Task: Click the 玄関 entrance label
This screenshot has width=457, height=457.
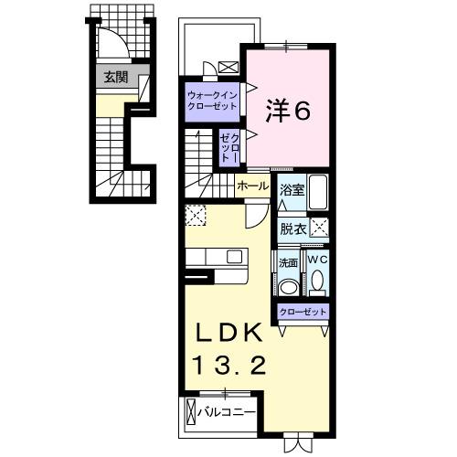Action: pos(115,77)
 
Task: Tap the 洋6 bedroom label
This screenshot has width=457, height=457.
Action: pos(289,111)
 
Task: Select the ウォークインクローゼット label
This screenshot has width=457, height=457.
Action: pos(211,101)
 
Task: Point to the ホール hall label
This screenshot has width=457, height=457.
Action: pos(251,186)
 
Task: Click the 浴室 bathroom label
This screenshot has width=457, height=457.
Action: pos(292,193)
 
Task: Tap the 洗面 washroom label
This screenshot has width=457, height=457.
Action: pos(289,262)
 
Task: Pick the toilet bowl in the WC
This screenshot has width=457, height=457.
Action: pos(316,284)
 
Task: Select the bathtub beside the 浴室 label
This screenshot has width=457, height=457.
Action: pos(318,194)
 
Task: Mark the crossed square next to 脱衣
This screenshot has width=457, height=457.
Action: pos(319,229)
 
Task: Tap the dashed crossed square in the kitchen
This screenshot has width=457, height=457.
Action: pos(195,215)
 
